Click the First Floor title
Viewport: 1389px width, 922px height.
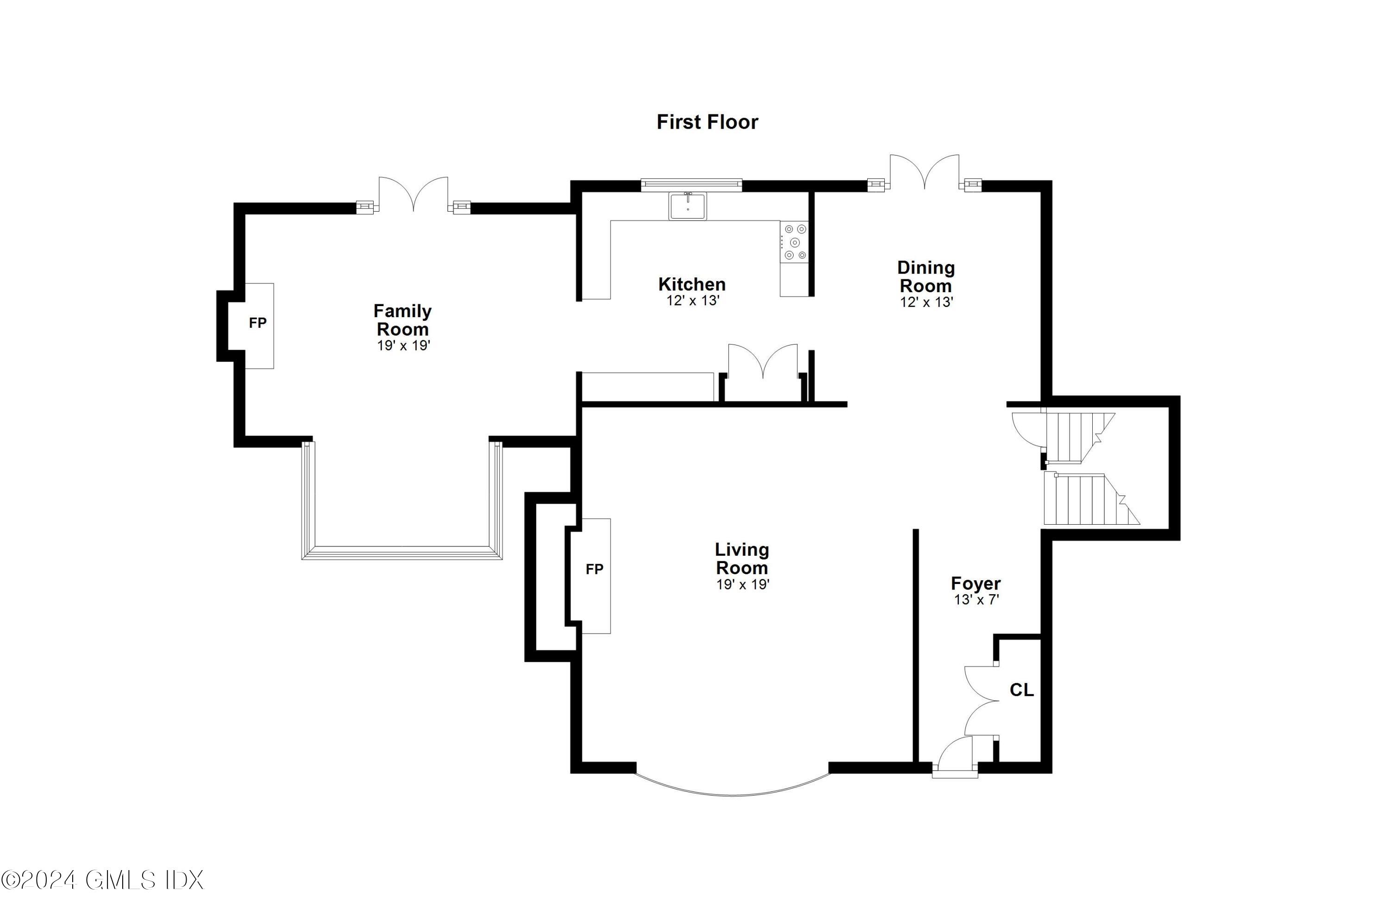coord(707,122)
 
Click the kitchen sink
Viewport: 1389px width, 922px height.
coord(688,206)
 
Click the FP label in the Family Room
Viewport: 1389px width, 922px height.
coord(257,323)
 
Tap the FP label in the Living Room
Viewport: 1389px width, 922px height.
coord(594,569)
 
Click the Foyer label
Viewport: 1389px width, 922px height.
coord(976,583)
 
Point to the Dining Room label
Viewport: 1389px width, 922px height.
coord(926,276)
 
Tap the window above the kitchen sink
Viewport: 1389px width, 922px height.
coord(691,185)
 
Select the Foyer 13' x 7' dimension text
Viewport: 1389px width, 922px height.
coord(976,600)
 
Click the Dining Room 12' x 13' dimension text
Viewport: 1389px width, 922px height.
coord(926,302)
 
